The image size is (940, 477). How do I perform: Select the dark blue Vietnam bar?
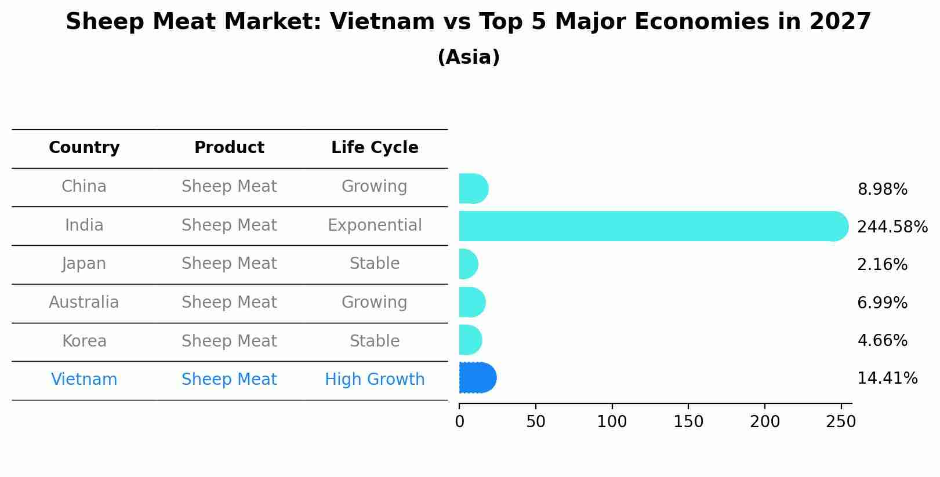[477, 378]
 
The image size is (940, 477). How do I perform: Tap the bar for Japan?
[468, 264]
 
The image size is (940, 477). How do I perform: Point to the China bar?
[473, 188]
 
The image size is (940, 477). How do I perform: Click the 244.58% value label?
[892, 227]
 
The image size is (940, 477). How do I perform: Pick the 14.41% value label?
[887, 378]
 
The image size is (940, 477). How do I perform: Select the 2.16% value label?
[882, 265]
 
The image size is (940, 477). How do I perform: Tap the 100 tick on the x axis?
[612, 422]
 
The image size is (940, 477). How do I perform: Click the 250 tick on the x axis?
[841, 422]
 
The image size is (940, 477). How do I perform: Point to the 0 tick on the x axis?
[459, 422]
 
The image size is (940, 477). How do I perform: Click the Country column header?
[84, 148]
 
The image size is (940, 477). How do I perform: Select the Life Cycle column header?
[375, 148]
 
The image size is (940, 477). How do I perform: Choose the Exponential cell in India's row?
[375, 225]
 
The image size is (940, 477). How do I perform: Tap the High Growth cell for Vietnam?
[375, 380]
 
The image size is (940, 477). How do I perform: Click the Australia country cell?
[84, 303]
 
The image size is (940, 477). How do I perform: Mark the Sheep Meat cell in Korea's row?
[229, 341]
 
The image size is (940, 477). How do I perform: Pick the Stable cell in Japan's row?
[375, 264]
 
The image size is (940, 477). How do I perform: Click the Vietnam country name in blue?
[84, 380]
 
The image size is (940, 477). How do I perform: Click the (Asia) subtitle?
[469, 57]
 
